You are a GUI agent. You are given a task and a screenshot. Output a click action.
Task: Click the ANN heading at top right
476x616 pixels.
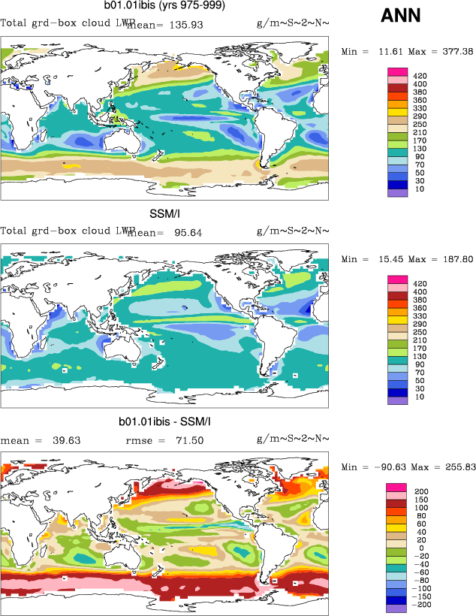401,15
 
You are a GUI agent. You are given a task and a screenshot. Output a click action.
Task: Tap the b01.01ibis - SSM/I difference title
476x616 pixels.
164,422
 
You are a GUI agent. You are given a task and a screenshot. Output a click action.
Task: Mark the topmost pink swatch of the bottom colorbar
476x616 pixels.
397,489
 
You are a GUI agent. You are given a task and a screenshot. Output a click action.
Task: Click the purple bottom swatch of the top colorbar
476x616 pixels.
397,192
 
